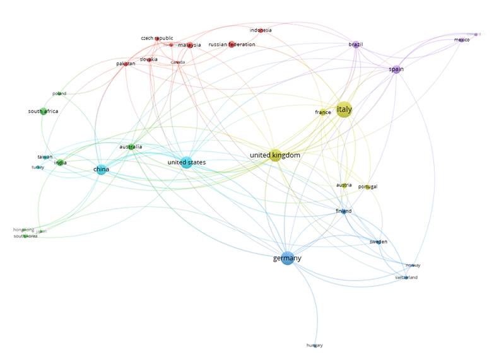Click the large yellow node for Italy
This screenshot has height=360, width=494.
coord(344,110)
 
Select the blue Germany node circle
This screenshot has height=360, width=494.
coord(288,258)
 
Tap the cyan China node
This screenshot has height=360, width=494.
coord(101,170)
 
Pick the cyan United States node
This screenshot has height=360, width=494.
coord(186,163)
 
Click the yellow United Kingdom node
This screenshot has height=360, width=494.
coord(275,155)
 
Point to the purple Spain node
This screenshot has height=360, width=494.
coord(396,69)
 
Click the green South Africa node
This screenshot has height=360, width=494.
coord(44,112)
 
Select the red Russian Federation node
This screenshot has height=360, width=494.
coord(232,45)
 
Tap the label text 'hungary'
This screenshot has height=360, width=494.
coord(314,345)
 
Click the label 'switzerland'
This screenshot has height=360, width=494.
coord(406,277)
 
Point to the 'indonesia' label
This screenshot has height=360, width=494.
coord(261,30)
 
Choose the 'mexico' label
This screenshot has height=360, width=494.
coord(462,40)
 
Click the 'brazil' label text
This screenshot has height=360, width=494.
coord(356,45)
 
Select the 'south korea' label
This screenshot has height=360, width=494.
coord(25,236)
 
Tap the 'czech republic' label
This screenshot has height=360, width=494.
coord(156,38)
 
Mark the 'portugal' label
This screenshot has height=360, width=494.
coord(368,187)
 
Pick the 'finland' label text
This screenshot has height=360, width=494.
coord(343,211)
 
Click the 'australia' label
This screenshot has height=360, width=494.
coord(131,148)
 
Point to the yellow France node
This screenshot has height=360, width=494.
coord(323,113)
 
